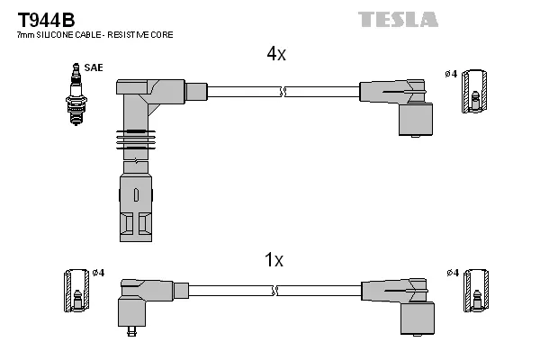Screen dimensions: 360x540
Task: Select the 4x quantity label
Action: pos(275,54)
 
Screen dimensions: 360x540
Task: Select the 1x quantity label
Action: pos(274,260)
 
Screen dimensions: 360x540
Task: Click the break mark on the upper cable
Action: pos(283,91)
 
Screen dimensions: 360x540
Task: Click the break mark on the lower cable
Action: pos(282,292)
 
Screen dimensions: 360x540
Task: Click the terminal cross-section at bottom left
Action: pos(76,292)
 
